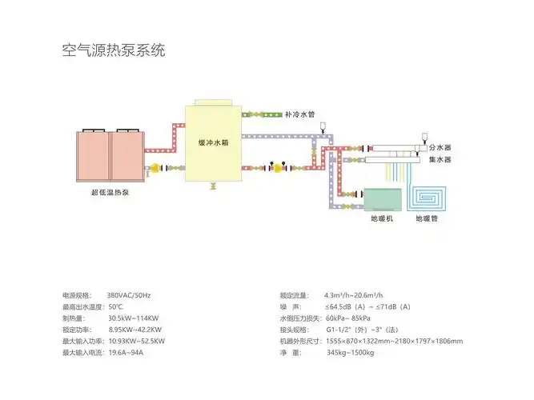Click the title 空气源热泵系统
[x=113, y=51]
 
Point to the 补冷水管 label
[x=299, y=114]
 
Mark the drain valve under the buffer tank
[x=213, y=186]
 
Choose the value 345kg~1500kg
[x=351, y=352]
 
